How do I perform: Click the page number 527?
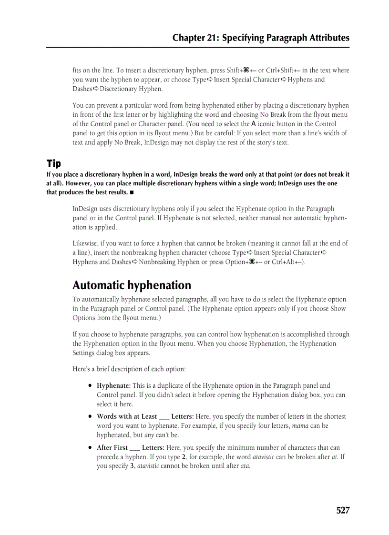click(x=342, y=511)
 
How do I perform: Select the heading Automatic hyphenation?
click(x=132, y=285)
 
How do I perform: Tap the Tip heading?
click(x=53, y=163)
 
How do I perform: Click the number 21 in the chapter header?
click(x=211, y=38)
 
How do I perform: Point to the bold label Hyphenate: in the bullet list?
click(x=113, y=386)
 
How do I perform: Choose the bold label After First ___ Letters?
click(x=131, y=448)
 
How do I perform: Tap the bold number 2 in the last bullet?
click(x=184, y=457)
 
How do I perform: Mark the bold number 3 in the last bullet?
click(x=132, y=466)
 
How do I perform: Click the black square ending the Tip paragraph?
click(x=131, y=193)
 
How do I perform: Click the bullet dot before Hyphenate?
click(x=90, y=386)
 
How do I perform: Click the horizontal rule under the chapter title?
click(x=197, y=47)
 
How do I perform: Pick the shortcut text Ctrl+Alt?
click(x=285, y=262)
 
